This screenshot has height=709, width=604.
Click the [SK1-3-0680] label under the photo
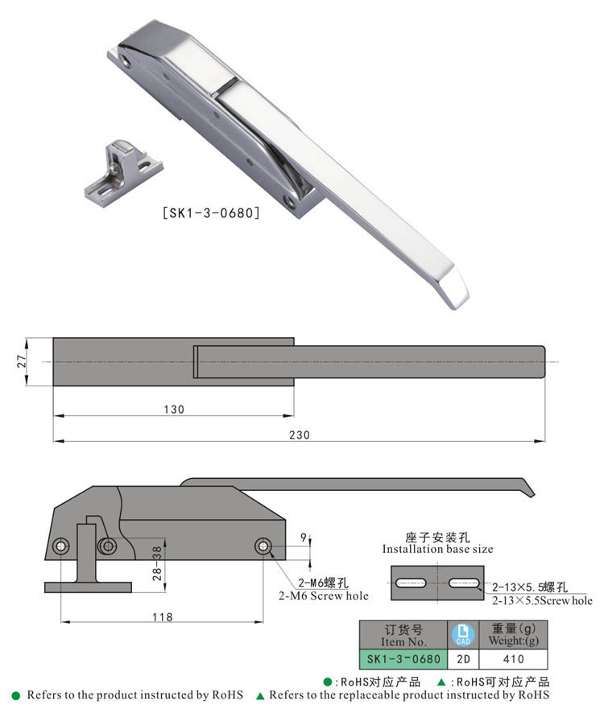point(210,214)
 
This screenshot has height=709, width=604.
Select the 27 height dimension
point(23,362)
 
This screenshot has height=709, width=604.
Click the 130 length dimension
point(173,409)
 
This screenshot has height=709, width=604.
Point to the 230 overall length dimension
point(298,435)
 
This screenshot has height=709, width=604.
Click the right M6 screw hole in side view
point(263,546)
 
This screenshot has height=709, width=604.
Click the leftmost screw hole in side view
point(61,547)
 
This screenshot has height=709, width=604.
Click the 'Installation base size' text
point(437,549)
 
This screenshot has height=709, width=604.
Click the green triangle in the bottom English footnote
point(259,695)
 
